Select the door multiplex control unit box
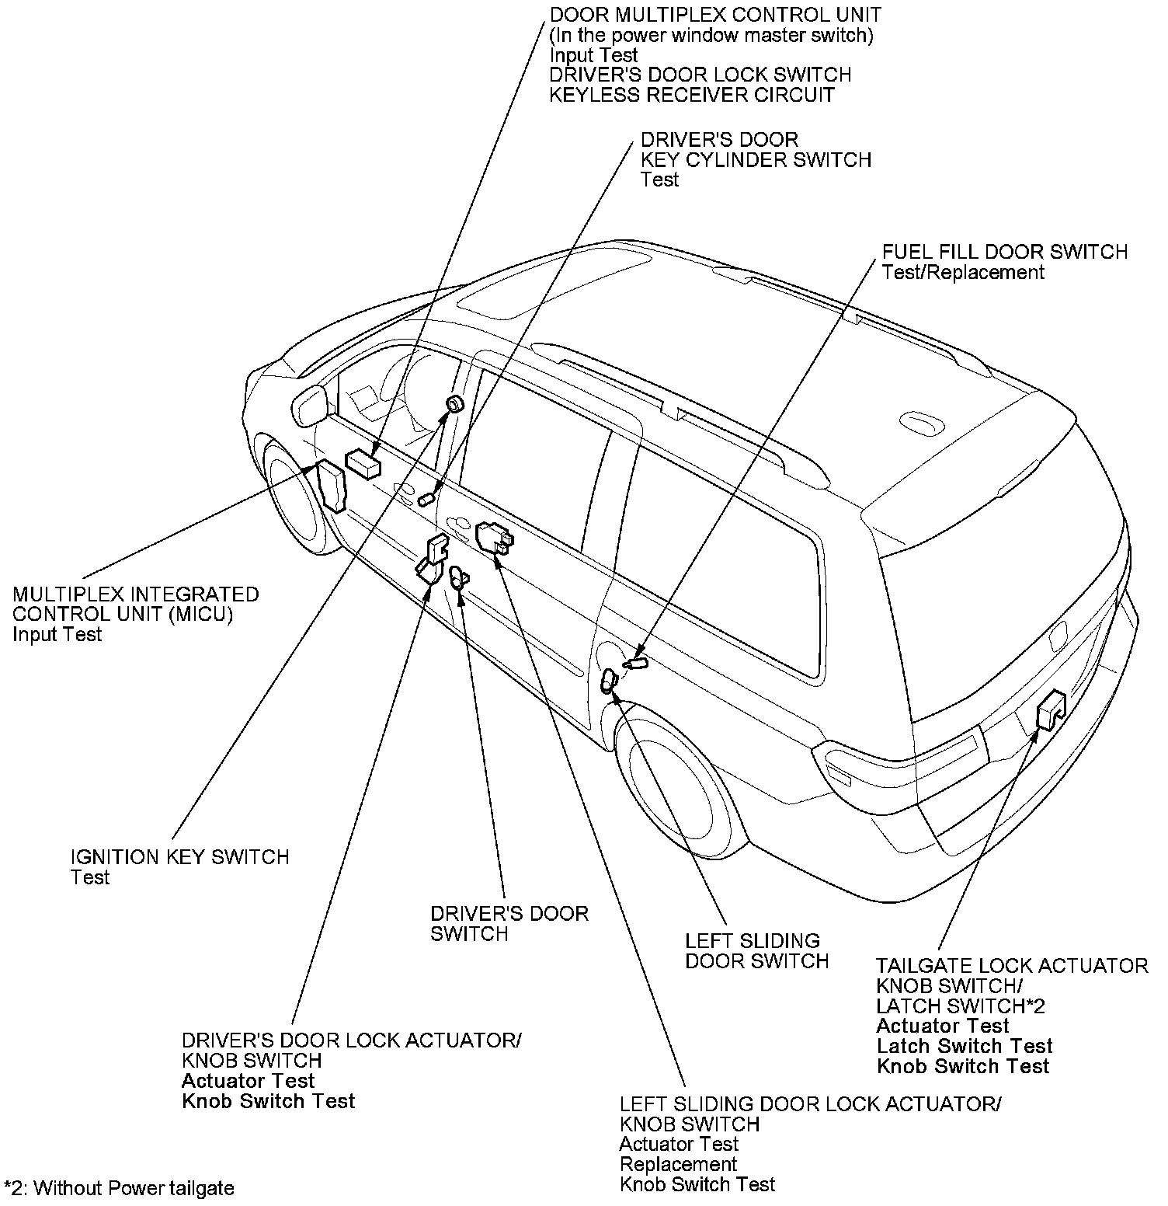(363, 464)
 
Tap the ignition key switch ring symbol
(454, 403)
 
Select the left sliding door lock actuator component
(495, 538)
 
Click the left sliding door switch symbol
(609, 681)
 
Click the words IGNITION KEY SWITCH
(180, 857)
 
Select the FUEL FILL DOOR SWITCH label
(1005, 252)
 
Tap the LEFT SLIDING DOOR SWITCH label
(757, 951)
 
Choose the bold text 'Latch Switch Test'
(965, 1046)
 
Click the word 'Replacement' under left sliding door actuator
(678, 1164)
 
